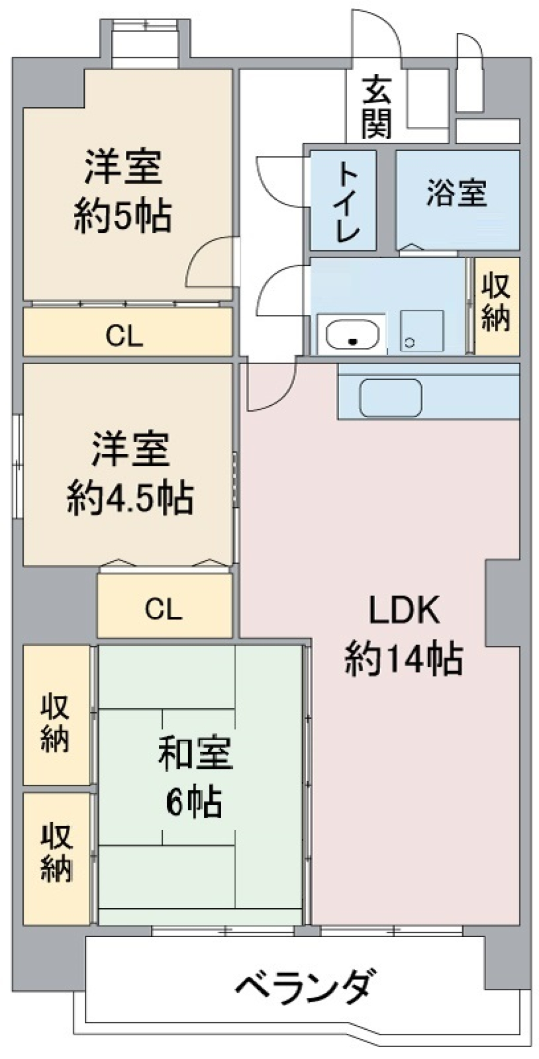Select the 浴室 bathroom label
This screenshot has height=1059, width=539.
456,192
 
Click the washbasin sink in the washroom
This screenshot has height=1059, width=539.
351,336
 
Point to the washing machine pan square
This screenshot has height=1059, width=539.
421,331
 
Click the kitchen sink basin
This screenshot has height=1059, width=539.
391,397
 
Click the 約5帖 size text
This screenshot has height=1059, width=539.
123,216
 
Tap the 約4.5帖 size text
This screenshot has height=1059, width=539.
130,497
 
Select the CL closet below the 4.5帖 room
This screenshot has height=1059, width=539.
163,608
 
